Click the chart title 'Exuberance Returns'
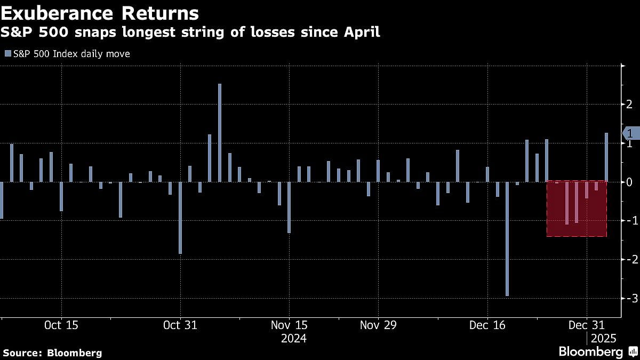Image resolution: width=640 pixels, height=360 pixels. pos(100,13)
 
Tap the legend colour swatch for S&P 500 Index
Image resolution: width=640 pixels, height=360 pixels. pos(7,54)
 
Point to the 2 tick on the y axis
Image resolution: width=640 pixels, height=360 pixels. pos(629,104)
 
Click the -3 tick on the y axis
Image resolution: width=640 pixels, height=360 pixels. pos(629,298)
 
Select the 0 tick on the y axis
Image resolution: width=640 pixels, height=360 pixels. pos(629,182)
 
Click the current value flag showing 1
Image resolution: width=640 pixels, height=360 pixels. pos(630,133)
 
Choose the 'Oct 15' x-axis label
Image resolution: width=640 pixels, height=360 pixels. pos(61,325)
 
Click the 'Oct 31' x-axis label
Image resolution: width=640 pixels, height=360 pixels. pos(181,325)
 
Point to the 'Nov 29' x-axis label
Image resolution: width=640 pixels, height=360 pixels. pos(378,325)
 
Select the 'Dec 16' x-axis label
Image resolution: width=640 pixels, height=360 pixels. pos(487,325)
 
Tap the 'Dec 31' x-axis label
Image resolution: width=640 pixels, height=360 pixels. pos(587,325)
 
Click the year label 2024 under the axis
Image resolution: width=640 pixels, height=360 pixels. pos(293,339)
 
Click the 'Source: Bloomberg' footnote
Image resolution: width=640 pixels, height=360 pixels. pos(52,353)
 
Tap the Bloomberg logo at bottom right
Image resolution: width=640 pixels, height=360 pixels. pos(597,352)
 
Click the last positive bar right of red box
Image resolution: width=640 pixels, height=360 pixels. pos(606,157)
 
